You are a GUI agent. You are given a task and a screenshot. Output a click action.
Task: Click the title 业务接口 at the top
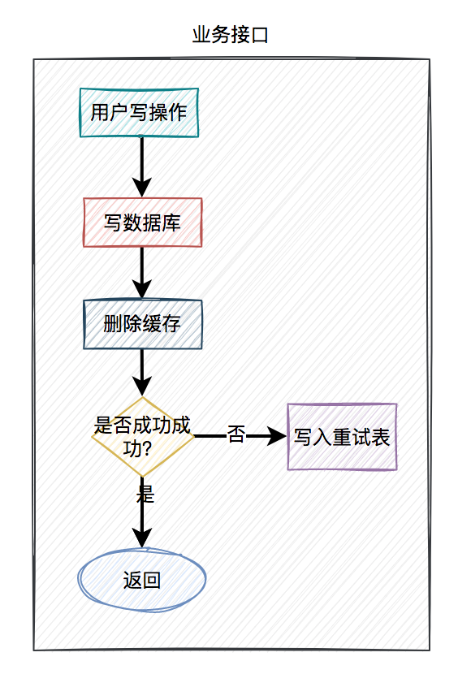(x=230, y=35)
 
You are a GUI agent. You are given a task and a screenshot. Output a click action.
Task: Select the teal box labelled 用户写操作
(x=139, y=113)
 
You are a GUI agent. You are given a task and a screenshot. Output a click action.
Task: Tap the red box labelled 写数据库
(x=142, y=223)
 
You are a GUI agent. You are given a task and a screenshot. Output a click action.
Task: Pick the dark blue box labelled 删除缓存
(x=142, y=324)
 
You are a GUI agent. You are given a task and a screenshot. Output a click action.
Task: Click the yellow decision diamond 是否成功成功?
(x=142, y=436)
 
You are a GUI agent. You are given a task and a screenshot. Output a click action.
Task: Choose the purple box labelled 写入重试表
(x=342, y=437)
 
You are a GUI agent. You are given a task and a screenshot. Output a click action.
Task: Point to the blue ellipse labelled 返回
(x=142, y=580)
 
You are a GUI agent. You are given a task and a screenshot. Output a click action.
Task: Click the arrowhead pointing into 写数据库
(x=142, y=188)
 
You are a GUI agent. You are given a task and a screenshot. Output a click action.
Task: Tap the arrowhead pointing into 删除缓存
(x=142, y=289)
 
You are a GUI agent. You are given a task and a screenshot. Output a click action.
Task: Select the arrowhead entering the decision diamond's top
(x=142, y=387)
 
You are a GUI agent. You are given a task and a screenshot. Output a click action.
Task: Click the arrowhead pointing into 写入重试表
(x=277, y=436)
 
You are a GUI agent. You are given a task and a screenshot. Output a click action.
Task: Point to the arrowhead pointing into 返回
(x=142, y=538)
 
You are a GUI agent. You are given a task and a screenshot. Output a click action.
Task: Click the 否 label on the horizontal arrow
(x=235, y=434)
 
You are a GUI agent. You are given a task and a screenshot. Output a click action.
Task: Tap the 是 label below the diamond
(x=145, y=495)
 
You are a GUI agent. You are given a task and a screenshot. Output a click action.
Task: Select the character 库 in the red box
(x=171, y=223)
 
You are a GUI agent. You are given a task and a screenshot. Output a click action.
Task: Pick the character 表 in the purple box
(x=380, y=437)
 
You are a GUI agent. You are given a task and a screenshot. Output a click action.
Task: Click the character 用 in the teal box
(x=100, y=113)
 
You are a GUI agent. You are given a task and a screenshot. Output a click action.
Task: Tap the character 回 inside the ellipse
(x=152, y=580)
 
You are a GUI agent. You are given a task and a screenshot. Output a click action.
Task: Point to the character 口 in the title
(x=260, y=36)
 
